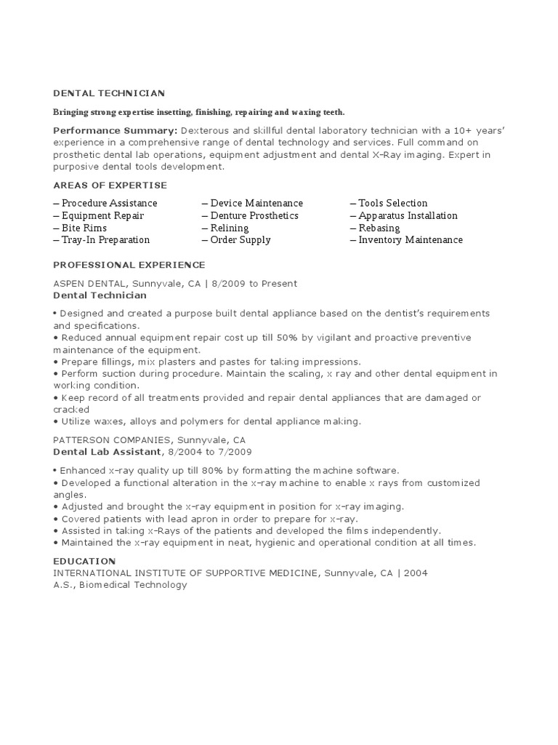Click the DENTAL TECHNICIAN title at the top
click(x=109, y=93)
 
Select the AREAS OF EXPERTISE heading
click(x=110, y=186)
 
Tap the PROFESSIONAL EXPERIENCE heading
click(x=129, y=265)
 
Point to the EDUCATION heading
click(x=84, y=561)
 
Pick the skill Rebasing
click(x=379, y=228)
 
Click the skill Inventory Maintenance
click(x=410, y=240)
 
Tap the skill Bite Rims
click(x=84, y=228)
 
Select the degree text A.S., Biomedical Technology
click(x=120, y=584)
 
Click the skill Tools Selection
click(x=392, y=203)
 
